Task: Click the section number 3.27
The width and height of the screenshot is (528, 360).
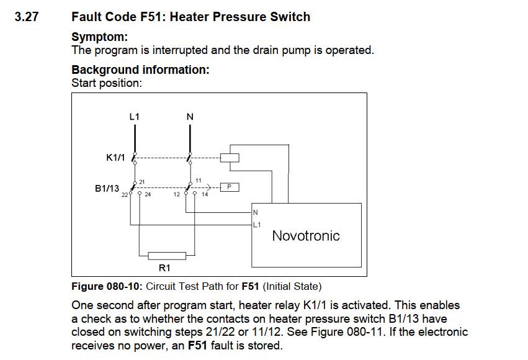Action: click(26, 17)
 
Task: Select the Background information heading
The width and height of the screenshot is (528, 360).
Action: click(140, 70)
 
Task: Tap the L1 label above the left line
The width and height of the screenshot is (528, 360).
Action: click(134, 116)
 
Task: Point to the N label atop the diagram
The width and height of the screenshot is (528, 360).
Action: click(190, 116)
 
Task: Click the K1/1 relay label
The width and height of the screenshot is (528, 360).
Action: click(116, 158)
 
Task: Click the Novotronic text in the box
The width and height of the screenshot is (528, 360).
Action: click(306, 236)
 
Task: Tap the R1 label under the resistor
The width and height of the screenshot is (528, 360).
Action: click(164, 268)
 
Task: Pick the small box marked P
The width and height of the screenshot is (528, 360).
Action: click(230, 186)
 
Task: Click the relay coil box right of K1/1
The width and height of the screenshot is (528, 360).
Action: click(230, 157)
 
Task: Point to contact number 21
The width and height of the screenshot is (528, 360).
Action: click(141, 181)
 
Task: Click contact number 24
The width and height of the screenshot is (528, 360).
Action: click(148, 194)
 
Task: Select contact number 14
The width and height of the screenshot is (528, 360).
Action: click(205, 194)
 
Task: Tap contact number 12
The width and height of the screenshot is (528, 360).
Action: click(177, 194)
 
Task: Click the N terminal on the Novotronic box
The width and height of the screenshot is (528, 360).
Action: click(255, 212)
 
